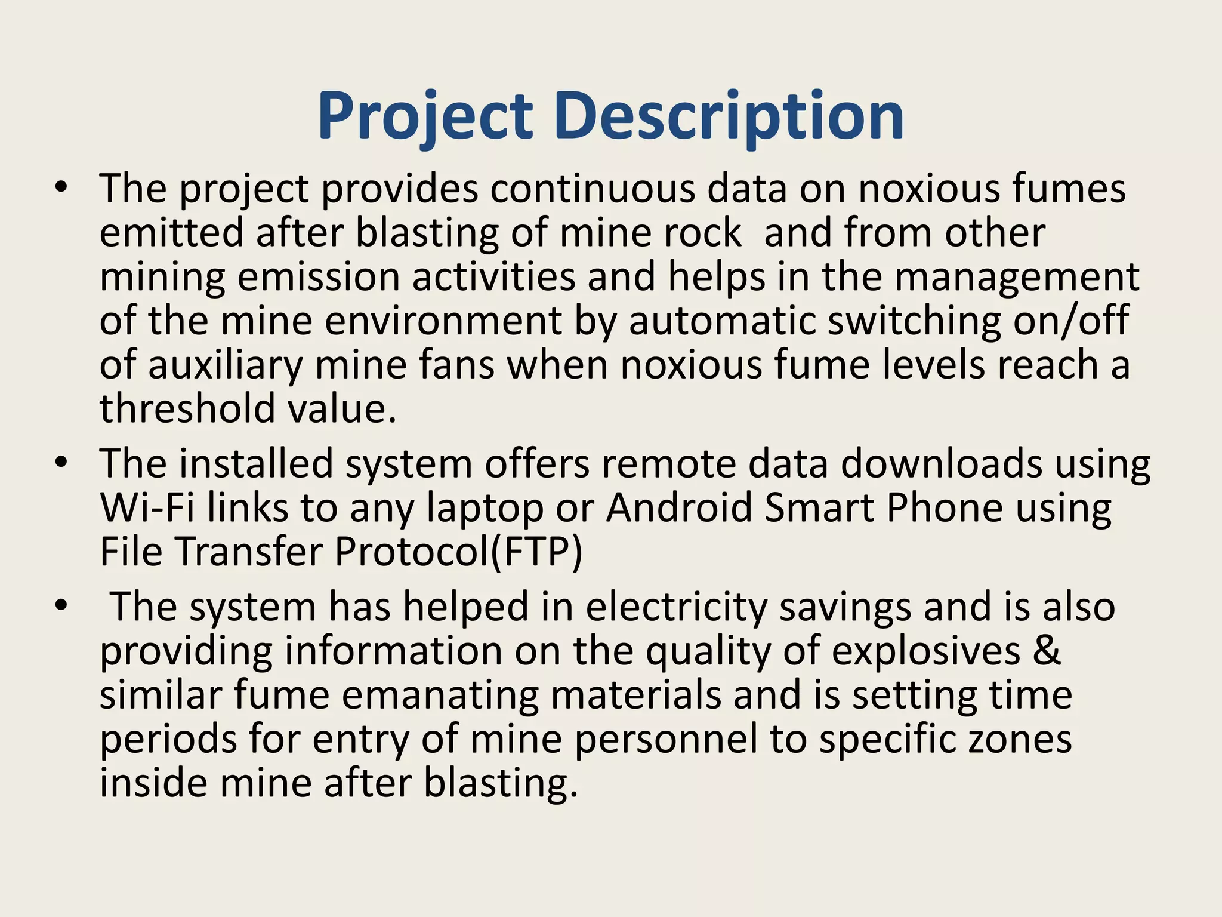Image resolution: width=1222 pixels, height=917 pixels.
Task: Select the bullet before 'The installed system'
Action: pos(60,463)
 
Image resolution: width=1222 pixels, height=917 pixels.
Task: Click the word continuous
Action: pos(593,189)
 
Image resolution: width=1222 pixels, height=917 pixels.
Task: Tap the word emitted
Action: pos(171,233)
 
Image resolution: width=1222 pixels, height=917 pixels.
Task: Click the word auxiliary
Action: pos(225,365)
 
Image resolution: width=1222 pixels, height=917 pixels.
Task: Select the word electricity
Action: pos(676,607)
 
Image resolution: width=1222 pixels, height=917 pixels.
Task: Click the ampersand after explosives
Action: pos(1047,651)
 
